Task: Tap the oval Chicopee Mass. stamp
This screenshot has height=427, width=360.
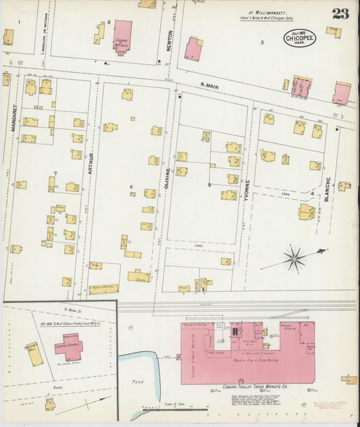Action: tap(298, 37)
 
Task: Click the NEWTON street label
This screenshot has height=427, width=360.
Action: tap(170, 38)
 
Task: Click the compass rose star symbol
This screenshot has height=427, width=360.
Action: tap(294, 257)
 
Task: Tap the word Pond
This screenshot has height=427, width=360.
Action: tap(138, 382)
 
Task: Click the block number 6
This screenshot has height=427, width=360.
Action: tap(131, 187)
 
